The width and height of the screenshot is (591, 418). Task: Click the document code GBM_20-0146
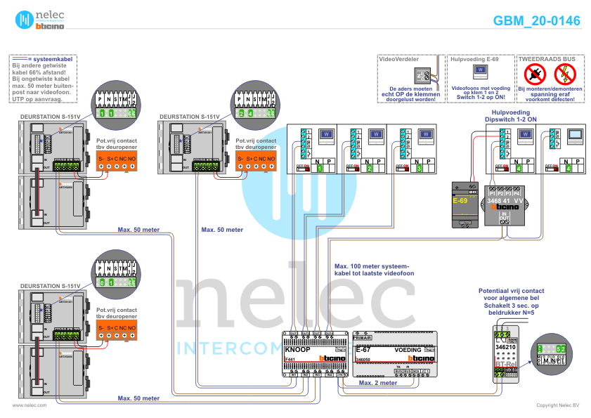pos(537,21)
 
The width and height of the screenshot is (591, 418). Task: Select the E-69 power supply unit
pos(464,204)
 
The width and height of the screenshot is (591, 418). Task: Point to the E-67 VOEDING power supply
pos(393,354)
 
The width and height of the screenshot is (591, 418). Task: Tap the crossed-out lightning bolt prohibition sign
pos(564,73)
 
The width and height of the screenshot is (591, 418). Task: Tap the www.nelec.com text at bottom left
pos(30,405)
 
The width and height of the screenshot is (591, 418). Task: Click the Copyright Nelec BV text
pos(558,405)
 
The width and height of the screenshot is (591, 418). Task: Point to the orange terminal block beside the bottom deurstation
pos(117,330)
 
